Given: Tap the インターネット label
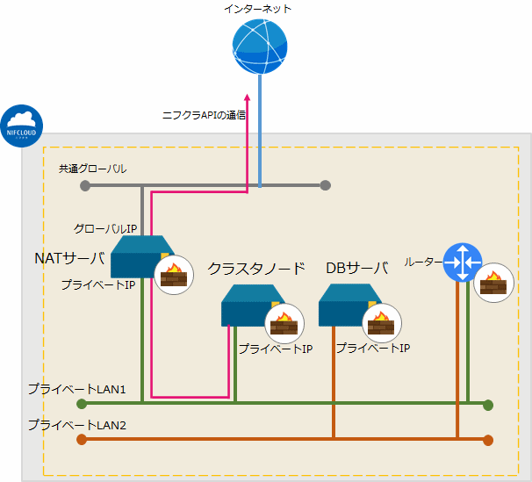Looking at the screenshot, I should tap(259, 9).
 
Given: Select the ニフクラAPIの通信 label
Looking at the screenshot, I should tap(204, 115).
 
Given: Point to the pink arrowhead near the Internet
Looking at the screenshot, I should tap(248, 99).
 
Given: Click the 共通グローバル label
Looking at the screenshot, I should tap(93, 168).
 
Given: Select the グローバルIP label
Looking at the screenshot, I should tap(104, 229).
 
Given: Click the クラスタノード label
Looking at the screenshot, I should tap(256, 268).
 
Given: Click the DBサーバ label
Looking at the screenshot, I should tap(356, 268).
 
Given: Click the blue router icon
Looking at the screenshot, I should tap(462, 262).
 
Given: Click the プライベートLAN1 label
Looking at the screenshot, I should tap(77, 388).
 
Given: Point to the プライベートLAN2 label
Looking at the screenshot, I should tap(77, 425).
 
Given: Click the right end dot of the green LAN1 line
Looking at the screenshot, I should tap(488, 405).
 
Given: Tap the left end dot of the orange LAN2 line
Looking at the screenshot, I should tap(82, 440).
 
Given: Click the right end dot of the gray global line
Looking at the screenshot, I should tap(326, 185).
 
